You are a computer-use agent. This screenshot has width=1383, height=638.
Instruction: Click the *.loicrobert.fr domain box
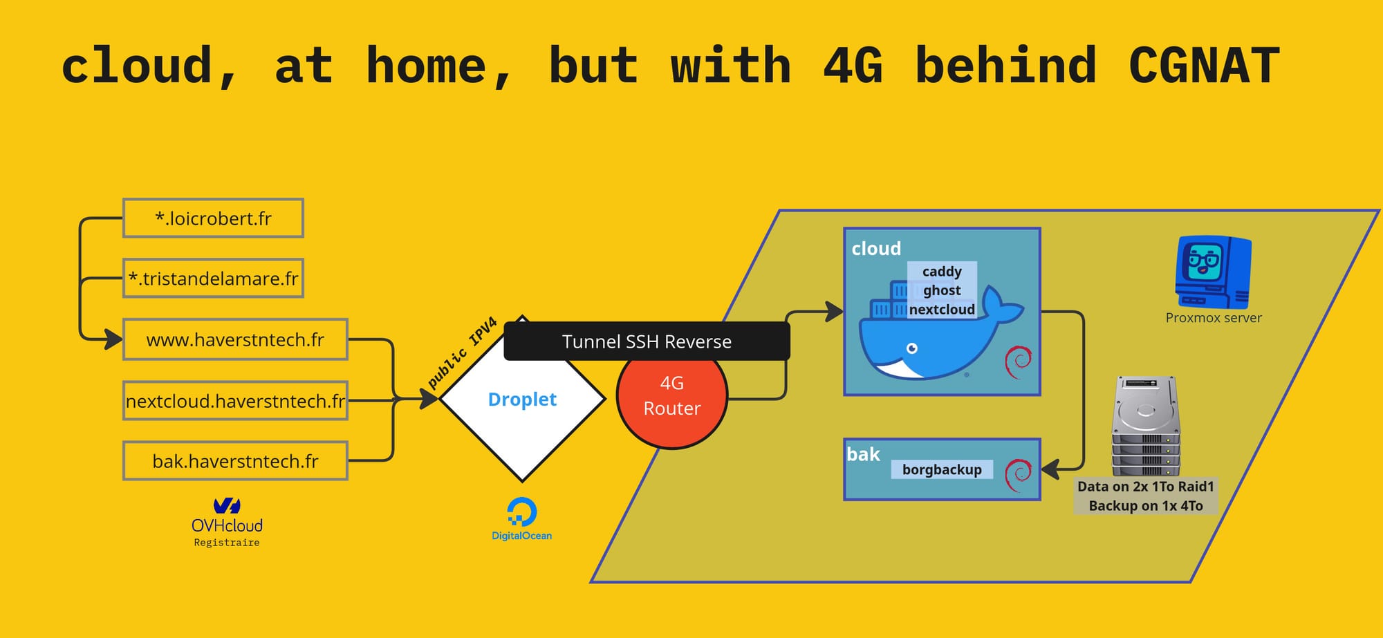pos(213,218)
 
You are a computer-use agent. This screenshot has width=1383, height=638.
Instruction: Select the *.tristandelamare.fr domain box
pos(213,279)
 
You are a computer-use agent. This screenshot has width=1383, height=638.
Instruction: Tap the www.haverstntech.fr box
pos(235,339)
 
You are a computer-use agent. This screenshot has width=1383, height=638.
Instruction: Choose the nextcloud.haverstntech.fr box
pos(235,401)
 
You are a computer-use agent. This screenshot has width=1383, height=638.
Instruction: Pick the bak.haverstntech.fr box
pos(235,461)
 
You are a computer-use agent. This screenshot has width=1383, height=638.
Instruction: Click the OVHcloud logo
pos(227,515)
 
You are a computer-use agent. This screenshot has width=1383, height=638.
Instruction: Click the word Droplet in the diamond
pos(522,400)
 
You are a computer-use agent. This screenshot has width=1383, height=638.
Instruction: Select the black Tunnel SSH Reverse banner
pos(647,341)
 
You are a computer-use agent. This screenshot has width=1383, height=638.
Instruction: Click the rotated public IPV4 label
pos(462,353)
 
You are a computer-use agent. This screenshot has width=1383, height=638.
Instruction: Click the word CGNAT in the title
pos(1204,66)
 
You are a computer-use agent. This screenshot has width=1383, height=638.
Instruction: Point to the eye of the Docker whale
pos(912,348)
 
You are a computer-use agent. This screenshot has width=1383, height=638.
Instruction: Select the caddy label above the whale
pos(942,271)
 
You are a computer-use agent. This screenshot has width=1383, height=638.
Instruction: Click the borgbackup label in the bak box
pos(942,470)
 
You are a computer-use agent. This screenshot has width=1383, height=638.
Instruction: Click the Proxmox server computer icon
pos(1213,272)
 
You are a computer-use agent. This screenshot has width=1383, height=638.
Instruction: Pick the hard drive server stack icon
pos(1145,425)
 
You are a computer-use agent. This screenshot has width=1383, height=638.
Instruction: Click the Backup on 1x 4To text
pos(1145,506)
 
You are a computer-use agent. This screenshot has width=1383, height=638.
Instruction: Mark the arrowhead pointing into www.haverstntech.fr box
pos(113,339)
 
